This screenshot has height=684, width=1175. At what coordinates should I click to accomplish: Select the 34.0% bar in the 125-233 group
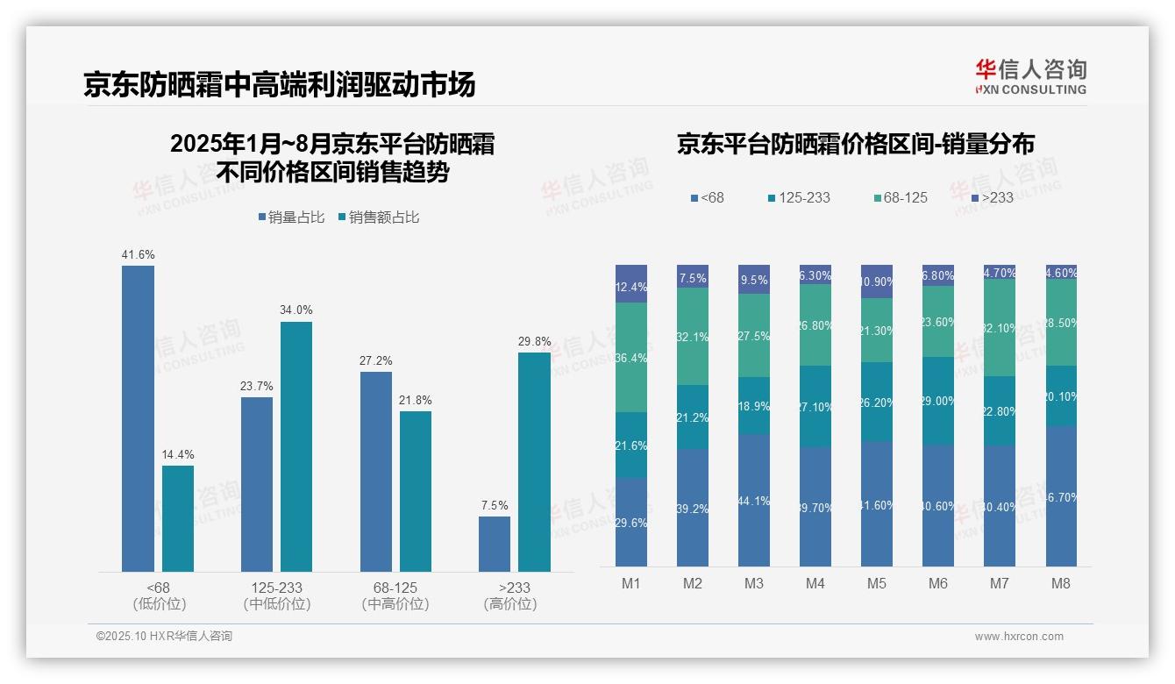296,446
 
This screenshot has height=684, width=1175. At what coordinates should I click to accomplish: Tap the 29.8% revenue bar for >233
534,462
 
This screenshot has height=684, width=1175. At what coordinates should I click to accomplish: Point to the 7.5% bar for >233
495,544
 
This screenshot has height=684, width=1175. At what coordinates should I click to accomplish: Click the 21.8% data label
416,400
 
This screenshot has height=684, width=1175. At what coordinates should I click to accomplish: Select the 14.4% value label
178,454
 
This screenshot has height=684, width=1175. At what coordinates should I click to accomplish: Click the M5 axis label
877,583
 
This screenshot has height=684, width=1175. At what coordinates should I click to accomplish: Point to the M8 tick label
1061,583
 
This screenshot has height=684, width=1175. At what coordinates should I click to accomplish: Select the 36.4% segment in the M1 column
631,358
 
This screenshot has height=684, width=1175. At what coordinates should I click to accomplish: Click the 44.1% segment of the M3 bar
754,500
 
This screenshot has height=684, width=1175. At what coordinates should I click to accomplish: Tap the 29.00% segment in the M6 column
938,401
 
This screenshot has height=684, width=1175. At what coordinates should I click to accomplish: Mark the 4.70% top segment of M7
1000,272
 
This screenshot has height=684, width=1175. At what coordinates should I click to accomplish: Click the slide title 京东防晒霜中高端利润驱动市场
280,85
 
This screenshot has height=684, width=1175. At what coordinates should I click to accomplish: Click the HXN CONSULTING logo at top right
1030,77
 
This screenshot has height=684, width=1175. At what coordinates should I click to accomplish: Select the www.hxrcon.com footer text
1019,637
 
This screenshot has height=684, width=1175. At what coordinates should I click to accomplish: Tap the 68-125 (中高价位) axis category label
395,595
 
